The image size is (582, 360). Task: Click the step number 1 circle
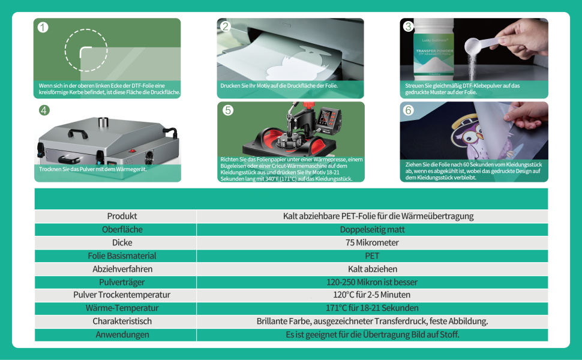click(x=43, y=27)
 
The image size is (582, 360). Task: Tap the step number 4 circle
click(x=44, y=110)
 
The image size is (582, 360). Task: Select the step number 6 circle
click(x=409, y=110)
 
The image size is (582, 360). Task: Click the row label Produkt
click(x=122, y=216)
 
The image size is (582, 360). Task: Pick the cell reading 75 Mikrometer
click(x=372, y=242)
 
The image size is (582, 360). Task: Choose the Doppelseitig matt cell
click(x=372, y=229)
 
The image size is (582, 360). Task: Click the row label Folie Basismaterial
click(x=122, y=256)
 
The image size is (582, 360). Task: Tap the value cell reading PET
click(x=372, y=256)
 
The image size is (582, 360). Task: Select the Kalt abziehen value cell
click(x=372, y=269)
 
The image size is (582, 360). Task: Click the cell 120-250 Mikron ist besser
click(x=372, y=282)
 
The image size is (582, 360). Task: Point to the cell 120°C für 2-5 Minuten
click(x=372, y=295)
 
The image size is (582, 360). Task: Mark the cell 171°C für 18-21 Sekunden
click(x=372, y=308)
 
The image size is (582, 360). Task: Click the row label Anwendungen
click(x=122, y=335)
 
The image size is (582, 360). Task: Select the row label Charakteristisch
click(x=122, y=322)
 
